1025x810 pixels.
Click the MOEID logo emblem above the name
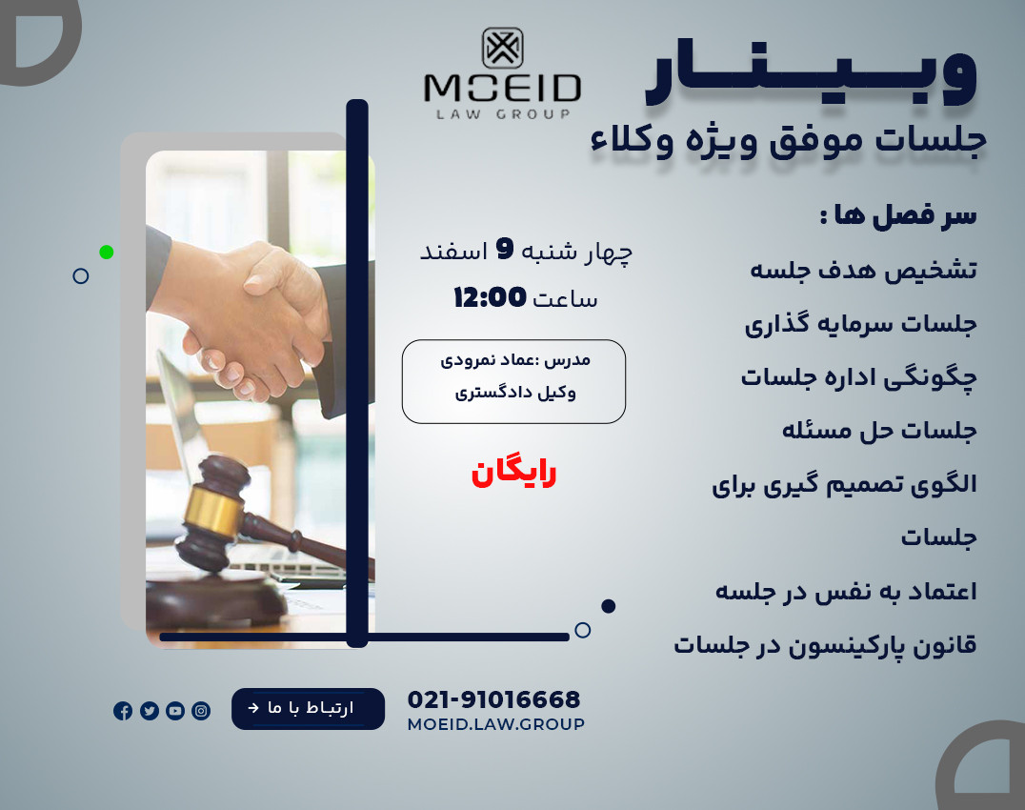tap(502, 48)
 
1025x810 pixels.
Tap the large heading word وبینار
tap(810, 75)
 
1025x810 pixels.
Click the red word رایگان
tap(513, 473)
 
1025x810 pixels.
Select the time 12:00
tap(490, 298)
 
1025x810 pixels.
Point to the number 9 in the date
tap(505, 250)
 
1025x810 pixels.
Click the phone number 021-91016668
tap(493, 699)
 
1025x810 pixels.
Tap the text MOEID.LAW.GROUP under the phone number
tap(495, 724)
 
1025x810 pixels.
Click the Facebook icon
tap(123, 710)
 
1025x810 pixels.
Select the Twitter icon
tap(150, 710)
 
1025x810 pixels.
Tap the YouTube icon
tap(175, 710)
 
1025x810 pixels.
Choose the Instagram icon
tap(201, 710)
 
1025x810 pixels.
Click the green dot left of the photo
tap(107, 252)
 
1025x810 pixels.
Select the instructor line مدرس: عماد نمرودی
tap(514, 360)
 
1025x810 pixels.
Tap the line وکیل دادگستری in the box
tap(514, 392)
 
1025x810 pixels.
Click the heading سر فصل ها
tap(897, 214)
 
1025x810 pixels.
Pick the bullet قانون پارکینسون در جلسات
tap(825, 645)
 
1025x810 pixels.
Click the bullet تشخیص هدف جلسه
tap(863, 271)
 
